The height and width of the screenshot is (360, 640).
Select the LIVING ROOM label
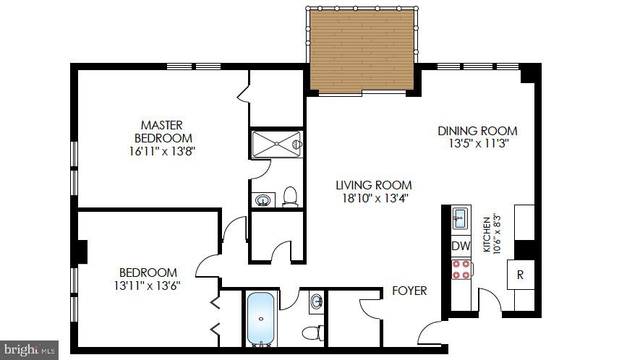pos(373,184)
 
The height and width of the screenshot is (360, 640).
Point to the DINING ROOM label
pos(477,131)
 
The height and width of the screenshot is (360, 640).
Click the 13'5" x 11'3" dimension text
pos(477,144)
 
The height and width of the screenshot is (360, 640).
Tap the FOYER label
pos(409,291)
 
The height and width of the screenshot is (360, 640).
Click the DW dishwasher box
pos(461,246)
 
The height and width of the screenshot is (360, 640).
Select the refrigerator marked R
pos(519,274)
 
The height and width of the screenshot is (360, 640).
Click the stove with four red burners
pos(461,270)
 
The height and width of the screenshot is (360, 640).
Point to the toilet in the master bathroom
pos(291,196)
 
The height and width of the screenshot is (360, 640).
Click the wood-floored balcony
pos(362,51)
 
